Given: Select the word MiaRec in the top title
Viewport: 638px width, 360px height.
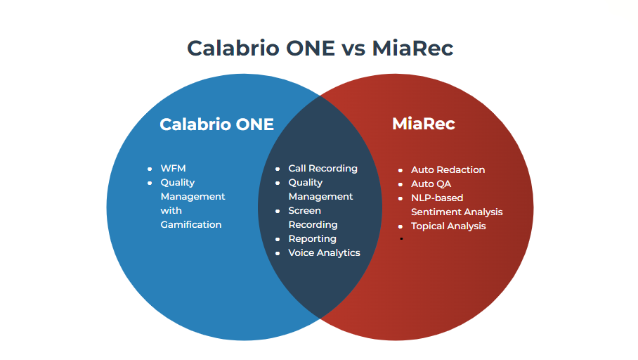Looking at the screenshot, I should coord(412,49).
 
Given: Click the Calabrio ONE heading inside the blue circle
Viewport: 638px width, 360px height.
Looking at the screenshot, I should coord(216,124).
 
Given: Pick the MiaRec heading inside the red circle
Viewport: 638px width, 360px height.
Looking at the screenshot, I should coord(423,124).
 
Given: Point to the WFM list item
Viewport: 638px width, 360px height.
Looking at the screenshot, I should coord(173,169).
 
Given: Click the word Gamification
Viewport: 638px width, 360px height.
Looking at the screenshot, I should coord(190,225).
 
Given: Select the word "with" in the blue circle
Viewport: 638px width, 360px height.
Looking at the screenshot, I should coord(171,211).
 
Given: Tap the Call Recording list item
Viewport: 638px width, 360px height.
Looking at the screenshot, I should coord(323,169).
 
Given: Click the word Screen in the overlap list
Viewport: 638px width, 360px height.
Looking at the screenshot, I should coord(304,211).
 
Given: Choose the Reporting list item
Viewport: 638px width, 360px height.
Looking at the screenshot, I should coord(312,239).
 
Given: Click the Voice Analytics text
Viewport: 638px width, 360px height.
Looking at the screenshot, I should coord(324,253).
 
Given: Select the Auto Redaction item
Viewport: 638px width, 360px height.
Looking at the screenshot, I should coord(448,170).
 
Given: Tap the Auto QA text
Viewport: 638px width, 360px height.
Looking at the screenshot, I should coord(431,184).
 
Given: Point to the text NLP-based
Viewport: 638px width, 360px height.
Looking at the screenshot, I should coord(437,198).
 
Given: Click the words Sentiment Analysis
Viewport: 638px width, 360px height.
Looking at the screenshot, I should coord(457,212).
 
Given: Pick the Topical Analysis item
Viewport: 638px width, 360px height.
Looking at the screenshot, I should coord(448,226).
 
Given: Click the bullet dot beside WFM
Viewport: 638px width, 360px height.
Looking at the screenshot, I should coord(150,169).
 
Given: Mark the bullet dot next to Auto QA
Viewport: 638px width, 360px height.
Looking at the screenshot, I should coord(401,184).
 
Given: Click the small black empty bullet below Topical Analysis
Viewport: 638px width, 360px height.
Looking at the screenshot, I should coord(401,239).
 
